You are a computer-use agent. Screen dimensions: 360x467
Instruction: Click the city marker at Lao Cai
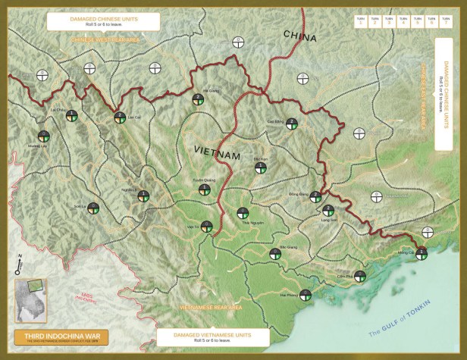(x=119, y=117)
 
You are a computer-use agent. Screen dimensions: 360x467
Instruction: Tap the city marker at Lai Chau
(x=71, y=115)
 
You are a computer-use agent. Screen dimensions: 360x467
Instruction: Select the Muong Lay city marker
(x=44, y=136)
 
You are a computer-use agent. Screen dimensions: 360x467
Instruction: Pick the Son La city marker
(x=93, y=207)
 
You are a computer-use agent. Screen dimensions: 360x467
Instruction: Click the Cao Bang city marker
(x=292, y=124)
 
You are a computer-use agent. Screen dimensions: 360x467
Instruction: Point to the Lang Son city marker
(x=328, y=210)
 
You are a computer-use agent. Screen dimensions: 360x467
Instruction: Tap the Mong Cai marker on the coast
(x=422, y=254)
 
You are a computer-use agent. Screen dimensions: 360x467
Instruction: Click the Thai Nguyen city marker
(x=243, y=214)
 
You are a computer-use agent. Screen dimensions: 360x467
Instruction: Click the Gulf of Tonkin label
(x=400, y=322)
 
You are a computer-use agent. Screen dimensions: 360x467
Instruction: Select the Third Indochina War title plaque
(x=61, y=336)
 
